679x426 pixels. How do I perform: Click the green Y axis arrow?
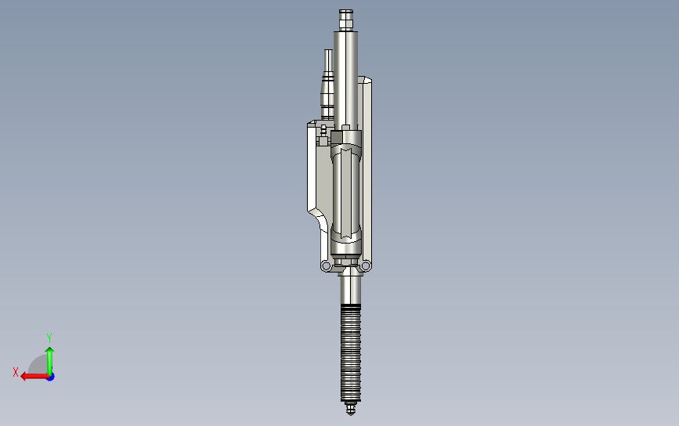pos(49,356)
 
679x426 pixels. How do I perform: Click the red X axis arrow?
pos(31,376)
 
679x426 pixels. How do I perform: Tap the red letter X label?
pos(16,372)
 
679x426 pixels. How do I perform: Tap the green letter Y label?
pos(49,337)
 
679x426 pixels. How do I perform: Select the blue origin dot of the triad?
pos(49,376)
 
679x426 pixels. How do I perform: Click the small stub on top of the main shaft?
pos(346,18)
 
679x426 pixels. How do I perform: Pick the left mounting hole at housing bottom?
pos(324,266)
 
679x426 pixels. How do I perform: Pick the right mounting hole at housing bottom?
pos(365,266)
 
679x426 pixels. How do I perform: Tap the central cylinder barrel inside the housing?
pos(347,192)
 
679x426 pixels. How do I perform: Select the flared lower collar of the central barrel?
pos(347,235)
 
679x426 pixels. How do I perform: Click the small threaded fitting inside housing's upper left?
pos(322,143)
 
